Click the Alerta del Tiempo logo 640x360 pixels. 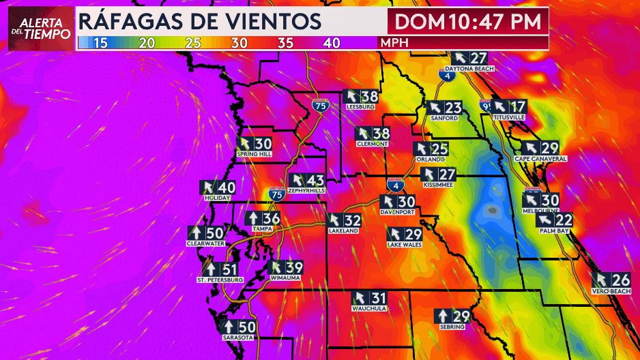coord(40,29)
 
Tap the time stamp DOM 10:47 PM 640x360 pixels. coord(468,20)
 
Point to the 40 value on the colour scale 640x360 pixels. coord(332,43)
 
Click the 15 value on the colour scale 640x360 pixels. coord(100,43)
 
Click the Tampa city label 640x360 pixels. coord(263,229)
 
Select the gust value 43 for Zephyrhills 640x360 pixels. coord(315,181)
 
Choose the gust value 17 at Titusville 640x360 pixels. coord(518,107)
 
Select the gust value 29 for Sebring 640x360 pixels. coord(462,316)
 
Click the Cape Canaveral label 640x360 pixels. coord(540,159)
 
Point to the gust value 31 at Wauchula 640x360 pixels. coord(379,298)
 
